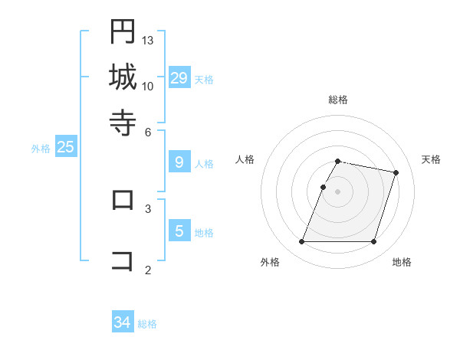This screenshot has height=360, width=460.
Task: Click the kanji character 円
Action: point(123,31)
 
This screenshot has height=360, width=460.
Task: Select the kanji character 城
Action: point(123,77)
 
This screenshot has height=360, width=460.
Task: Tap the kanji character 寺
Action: point(123,122)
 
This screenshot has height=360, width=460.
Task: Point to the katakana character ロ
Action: point(123,199)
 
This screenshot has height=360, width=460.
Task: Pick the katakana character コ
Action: point(123,260)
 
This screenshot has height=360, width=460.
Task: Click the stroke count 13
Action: point(148,40)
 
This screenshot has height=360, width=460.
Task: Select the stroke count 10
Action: point(148,86)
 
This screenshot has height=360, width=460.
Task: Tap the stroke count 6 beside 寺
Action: point(148,131)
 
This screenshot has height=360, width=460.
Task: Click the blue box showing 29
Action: point(179,78)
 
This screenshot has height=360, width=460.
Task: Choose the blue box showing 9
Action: point(179,162)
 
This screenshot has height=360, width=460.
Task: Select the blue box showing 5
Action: point(179,231)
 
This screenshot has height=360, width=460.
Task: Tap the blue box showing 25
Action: point(65,147)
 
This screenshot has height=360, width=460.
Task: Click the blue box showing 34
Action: point(123,322)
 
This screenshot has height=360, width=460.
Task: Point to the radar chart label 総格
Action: point(338,100)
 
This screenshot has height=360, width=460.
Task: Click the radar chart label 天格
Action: point(431,159)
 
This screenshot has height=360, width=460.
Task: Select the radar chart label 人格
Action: point(245,159)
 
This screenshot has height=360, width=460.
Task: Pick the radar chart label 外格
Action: point(270,262)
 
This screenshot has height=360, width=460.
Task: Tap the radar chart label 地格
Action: point(402,262)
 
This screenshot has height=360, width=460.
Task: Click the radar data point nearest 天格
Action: point(396,173)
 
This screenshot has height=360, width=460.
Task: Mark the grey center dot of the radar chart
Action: point(338,191)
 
